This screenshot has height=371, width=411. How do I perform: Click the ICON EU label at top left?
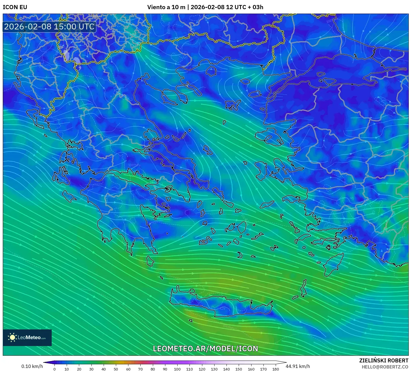(15, 7)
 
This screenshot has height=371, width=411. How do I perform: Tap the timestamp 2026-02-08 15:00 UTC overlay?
(49, 27)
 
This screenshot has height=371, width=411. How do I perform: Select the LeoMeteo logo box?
(27, 337)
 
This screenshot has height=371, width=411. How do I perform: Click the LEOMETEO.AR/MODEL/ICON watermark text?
(205, 349)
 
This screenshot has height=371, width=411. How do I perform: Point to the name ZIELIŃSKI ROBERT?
(383, 360)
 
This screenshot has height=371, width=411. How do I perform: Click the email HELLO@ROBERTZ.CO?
(385, 367)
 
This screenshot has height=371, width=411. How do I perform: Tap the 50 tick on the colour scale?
(116, 369)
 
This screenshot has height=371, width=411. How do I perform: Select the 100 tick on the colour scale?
(177, 369)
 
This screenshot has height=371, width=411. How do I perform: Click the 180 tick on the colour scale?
(275, 369)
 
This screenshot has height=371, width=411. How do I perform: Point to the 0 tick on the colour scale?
(54, 369)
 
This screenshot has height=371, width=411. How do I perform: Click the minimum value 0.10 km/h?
(32, 366)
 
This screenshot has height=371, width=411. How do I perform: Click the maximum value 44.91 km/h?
(298, 366)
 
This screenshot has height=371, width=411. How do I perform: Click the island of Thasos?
(211, 71)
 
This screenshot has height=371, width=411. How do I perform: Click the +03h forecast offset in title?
(256, 7)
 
